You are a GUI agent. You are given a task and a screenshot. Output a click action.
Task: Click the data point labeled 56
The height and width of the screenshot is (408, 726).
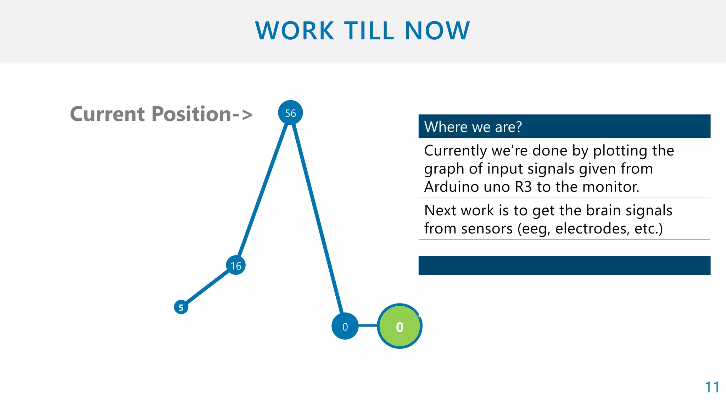coord(290,113)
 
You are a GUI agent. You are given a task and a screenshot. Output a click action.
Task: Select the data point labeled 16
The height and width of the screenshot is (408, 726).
coord(236,265)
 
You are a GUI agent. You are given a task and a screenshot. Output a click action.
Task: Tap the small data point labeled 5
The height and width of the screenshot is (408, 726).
coord(181,307)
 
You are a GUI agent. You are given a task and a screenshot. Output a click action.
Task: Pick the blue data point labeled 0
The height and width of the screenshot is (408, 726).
coord(345,326)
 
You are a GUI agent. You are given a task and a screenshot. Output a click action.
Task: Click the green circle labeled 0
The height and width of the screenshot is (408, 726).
coord(400,326)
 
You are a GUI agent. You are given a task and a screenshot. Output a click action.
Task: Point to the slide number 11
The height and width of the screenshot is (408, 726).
coord(712,387)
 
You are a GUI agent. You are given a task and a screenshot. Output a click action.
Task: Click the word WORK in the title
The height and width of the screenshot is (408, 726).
coord(295,31)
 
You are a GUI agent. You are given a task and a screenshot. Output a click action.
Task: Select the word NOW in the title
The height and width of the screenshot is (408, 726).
coord(437,31)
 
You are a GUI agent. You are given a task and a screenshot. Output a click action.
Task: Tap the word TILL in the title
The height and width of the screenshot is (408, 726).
coord(369,31)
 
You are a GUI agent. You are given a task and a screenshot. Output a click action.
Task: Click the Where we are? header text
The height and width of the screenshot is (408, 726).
coord(473,127)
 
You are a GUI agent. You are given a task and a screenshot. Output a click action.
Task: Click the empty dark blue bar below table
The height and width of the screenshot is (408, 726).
coord(564,265)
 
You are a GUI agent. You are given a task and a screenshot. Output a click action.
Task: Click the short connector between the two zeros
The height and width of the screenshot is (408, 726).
coord(368,325)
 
